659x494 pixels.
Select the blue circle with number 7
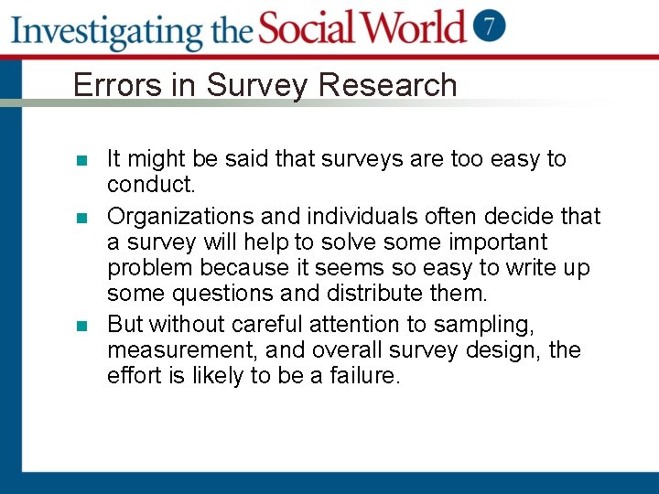pos(491,27)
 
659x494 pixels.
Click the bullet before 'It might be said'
pos(81,161)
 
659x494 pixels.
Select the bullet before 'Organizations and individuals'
pos(81,219)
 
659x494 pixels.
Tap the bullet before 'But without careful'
pos(81,327)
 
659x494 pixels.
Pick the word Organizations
pos(180,217)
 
